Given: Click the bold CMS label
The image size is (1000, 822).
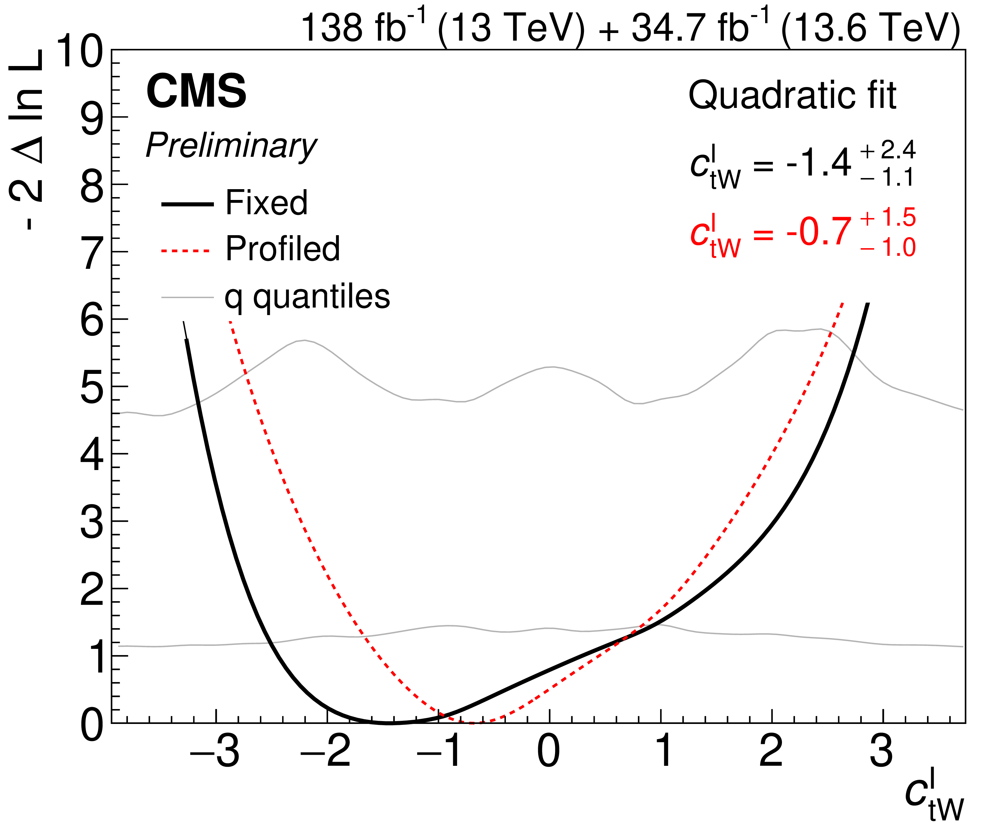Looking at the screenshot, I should (x=196, y=91).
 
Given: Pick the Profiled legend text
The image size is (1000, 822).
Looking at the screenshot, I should (x=283, y=249).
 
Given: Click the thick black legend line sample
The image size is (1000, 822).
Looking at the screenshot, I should (x=188, y=204).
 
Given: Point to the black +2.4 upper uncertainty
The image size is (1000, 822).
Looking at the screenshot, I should (x=887, y=150).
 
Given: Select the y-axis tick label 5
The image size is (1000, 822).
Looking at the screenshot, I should (x=91, y=387).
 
